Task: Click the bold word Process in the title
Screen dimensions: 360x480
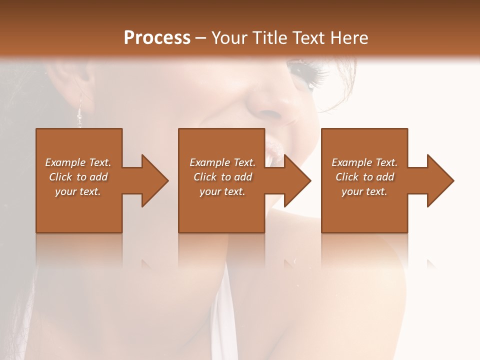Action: (x=157, y=38)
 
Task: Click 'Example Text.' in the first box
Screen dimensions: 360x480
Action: (x=78, y=162)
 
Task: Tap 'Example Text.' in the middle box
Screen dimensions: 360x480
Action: (x=222, y=162)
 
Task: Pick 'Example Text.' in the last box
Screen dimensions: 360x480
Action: (x=364, y=162)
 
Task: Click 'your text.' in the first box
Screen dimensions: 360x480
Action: (x=78, y=191)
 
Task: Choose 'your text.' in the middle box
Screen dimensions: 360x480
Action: (x=222, y=191)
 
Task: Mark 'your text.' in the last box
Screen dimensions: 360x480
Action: (x=364, y=191)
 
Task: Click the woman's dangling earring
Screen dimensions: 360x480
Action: (x=79, y=112)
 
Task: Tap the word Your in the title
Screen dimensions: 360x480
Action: (x=228, y=38)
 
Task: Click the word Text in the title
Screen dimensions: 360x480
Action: (x=307, y=38)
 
